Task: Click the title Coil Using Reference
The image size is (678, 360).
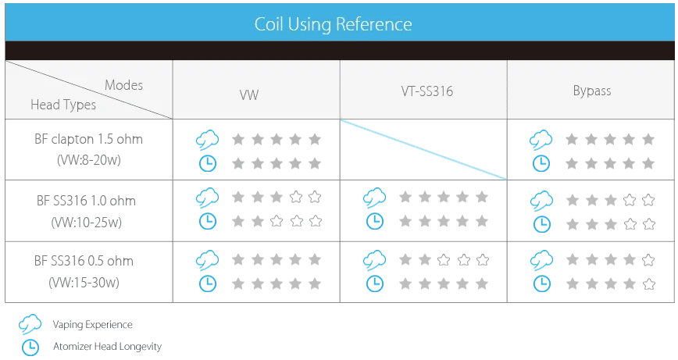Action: click(x=333, y=24)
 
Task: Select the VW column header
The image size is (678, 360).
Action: click(x=249, y=94)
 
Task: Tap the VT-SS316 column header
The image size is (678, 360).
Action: click(x=426, y=91)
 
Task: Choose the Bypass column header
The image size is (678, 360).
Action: click(x=592, y=91)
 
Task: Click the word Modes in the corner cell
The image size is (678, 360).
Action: click(x=123, y=85)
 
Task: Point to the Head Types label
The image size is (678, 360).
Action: click(x=63, y=105)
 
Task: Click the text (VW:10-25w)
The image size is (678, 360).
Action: click(x=87, y=222)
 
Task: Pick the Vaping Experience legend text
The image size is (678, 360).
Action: click(x=92, y=325)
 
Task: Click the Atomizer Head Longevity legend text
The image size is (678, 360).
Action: click(x=107, y=346)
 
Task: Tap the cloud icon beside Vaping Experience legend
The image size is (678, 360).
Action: click(x=30, y=324)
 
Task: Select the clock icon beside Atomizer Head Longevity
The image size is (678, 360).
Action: click(x=30, y=347)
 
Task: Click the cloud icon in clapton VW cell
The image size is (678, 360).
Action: click(x=207, y=140)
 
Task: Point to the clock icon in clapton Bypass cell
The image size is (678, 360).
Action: click(x=541, y=163)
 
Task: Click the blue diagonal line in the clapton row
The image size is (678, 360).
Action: click(x=423, y=149)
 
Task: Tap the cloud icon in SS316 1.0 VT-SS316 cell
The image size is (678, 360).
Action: click(x=374, y=198)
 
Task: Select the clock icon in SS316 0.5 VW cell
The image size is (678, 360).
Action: click(x=208, y=283)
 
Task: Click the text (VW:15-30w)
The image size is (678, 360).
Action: click(x=84, y=283)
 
